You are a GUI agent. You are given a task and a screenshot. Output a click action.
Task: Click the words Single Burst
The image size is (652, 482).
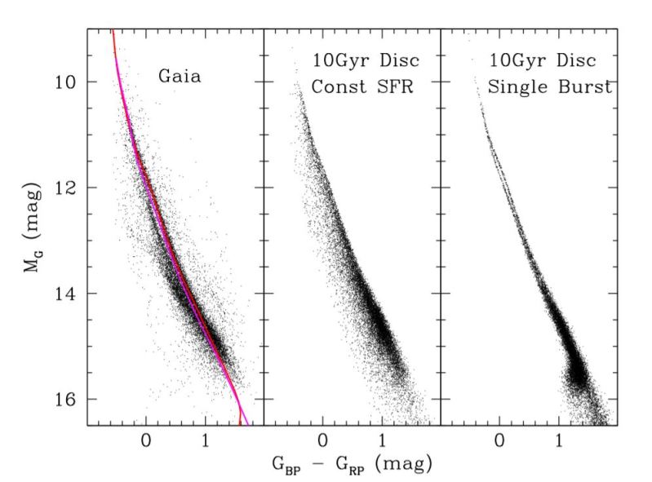coord(549,86)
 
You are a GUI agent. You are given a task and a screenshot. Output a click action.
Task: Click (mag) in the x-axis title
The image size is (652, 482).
coord(406,463)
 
